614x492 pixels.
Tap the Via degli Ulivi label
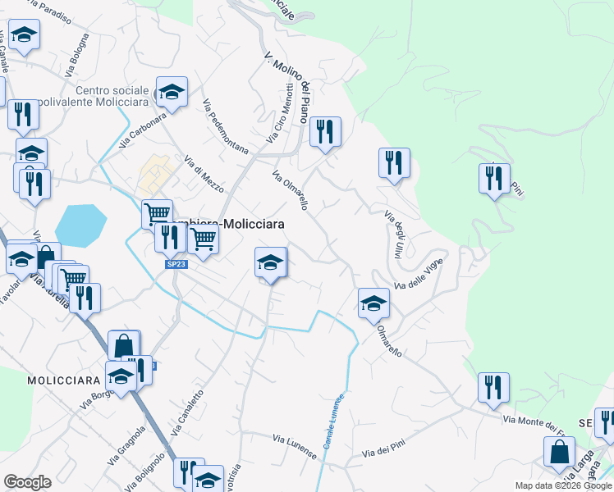[392, 235]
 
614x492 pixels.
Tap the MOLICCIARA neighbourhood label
[63, 380]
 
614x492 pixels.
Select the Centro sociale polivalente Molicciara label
[113, 98]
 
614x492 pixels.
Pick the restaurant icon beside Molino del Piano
[325, 131]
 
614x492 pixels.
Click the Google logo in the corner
[27, 482]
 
